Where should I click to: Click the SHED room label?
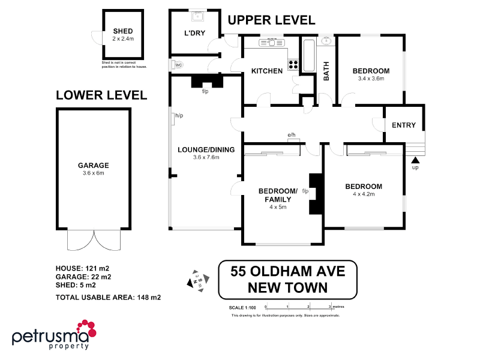coord(122,31)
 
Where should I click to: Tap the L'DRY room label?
coord(194,33)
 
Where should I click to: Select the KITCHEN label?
coord(266,71)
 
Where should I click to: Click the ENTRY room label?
coord(403,125)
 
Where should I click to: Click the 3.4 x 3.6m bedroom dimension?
coord(373,79)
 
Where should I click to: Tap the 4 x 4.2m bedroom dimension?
coord(363,194)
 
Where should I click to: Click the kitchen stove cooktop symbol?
coord(293,64)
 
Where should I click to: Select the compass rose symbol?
coord(198,280)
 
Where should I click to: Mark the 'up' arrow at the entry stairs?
coord(415,160)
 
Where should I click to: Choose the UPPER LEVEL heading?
coord(271,20)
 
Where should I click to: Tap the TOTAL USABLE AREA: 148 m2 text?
coord(108,297)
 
